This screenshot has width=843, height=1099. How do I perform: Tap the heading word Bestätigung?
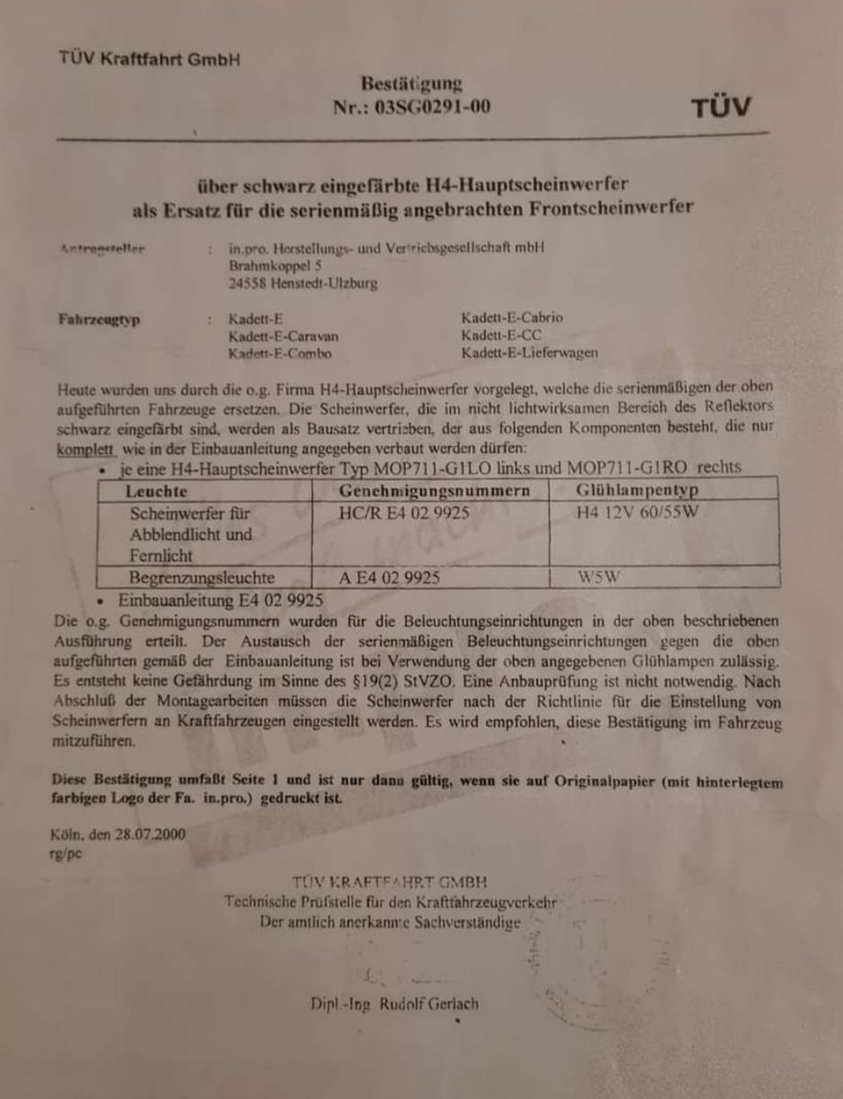point(411,84)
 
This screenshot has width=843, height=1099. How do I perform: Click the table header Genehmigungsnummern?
point(434,492)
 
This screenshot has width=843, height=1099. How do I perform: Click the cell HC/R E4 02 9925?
point(405,514)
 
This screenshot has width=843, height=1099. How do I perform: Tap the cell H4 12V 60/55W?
point(637,512)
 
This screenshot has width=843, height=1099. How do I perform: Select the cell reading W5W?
point(599,578)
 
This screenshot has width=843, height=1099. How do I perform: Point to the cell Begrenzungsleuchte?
point(203,578)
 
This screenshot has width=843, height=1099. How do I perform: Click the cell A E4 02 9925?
point(390,578)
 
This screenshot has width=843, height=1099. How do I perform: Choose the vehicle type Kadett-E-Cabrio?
point(512,318)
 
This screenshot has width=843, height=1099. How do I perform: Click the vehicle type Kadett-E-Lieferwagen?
point(531,354)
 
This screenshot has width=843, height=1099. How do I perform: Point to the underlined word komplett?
point(85,449)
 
